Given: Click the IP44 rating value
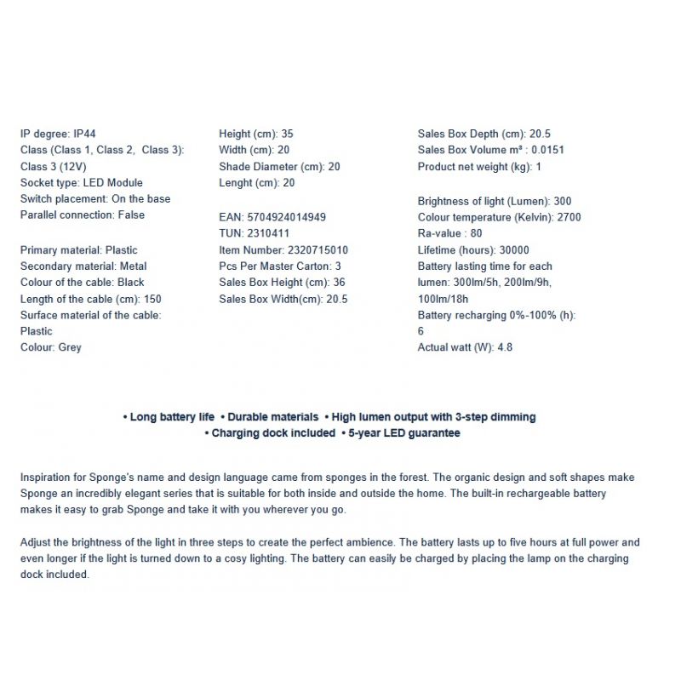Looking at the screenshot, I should [x=83, y=134].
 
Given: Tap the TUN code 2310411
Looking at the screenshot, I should [x=268, y=233].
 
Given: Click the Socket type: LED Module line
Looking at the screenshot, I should [x=82, y=183].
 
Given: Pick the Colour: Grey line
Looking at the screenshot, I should [x=51, y=347].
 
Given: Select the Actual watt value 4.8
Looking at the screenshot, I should [x=504, y=347].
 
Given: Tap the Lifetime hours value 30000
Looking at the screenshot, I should [x=514, y=250].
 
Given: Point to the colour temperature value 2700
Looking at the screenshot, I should [x=568, y=218].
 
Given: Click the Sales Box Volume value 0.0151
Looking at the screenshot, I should [x=548, y=151].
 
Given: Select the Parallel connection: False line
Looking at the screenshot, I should [x=83, y=215].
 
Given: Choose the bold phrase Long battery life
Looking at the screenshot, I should [x=171, y=417].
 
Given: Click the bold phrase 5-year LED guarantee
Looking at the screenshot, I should [x=403, y=433].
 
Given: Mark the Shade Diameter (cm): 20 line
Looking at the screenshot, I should [x=279, y=167].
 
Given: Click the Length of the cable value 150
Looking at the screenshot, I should [x=152, y=299].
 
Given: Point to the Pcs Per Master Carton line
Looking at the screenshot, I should [x=280, y=266].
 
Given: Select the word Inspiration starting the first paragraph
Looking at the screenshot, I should [x=48, y=478].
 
